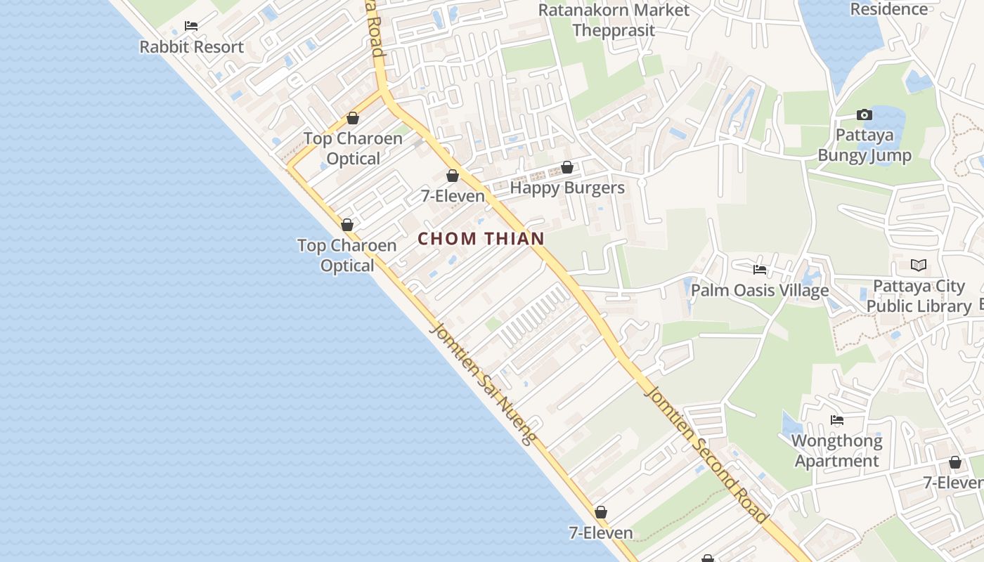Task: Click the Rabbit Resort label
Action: click(x=191, y=47)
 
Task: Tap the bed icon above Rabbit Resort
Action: click(x=190, y=26)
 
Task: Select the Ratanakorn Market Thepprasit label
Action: click(x=614, y=20)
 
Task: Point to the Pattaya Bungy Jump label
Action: click(x=865, y=145)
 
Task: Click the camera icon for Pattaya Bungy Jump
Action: click(x=865, y=115)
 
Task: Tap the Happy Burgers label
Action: click(x=567, y=188)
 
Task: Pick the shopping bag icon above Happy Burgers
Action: click(x=567, y=168)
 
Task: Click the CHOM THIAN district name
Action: click(x=481, y=239)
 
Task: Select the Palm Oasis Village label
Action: click(x=760, y=290)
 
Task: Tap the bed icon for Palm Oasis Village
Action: click(x=759, y=269)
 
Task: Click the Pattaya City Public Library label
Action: click(x=919, y=296)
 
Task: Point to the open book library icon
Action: click(x=919, y=265)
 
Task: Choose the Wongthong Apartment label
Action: click(x=836, y=451)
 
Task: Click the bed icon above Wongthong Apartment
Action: click(x=836, y=420)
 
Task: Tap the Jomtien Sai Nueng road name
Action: click(x=485, y=384)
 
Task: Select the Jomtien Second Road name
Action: click(x=706, y=453)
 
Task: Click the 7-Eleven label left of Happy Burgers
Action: click(x=453, y=196)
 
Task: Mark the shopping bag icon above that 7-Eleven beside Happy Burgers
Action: click(x=453, y=176)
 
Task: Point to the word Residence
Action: click(x=889, y=9)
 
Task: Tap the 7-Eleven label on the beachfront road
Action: click(x=601, y=533)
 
